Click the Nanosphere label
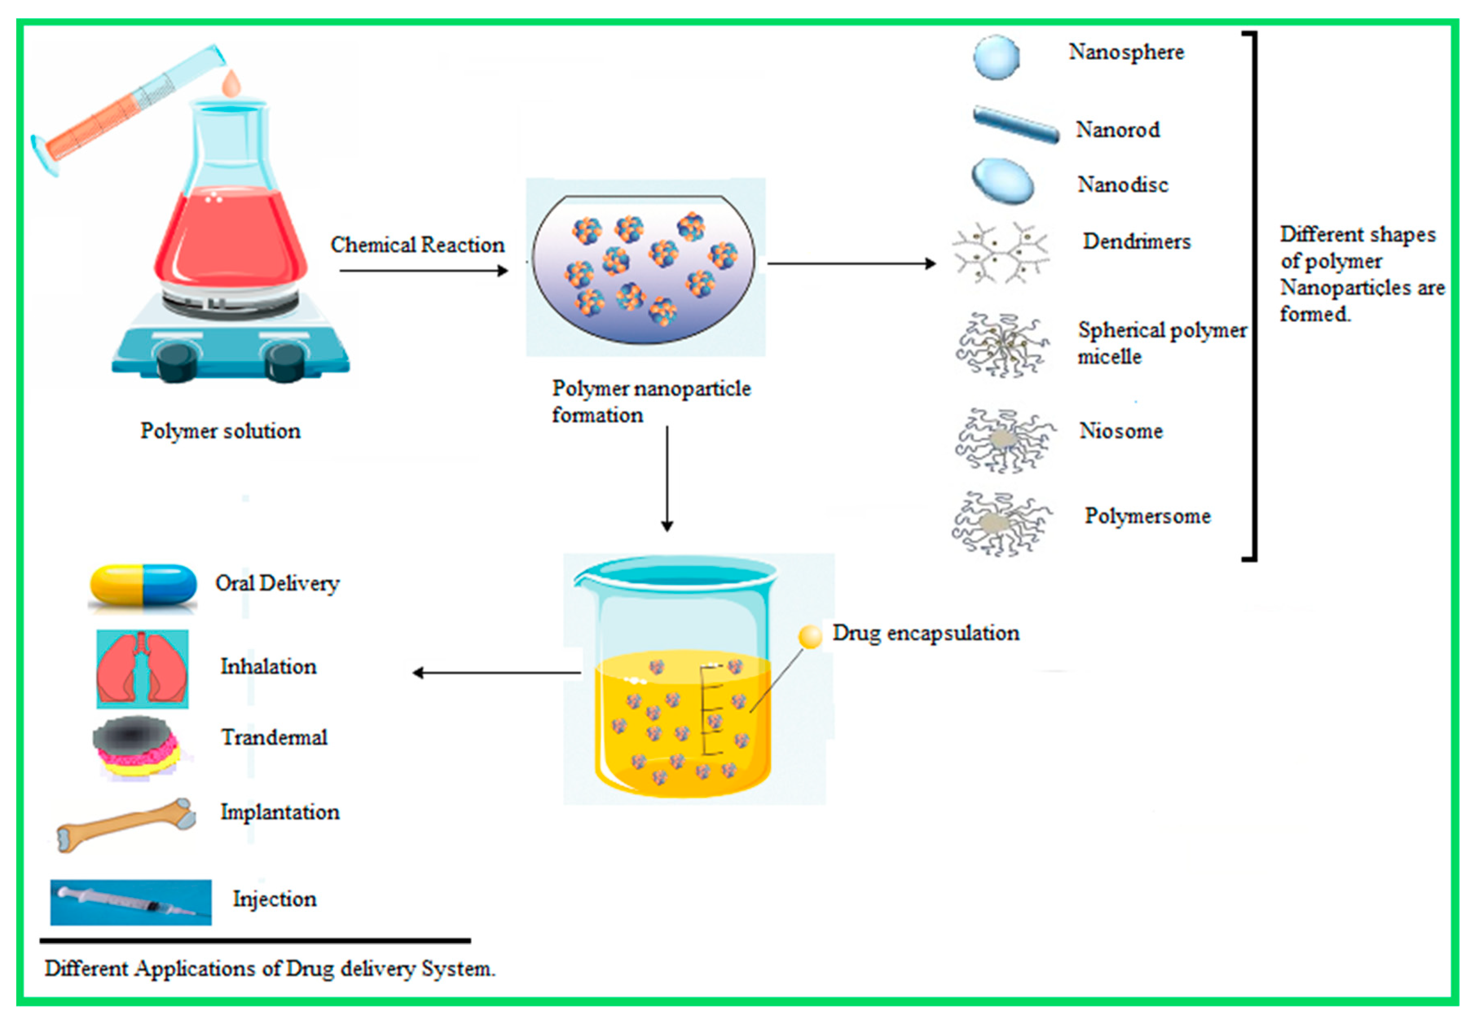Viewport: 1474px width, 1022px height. point(1126,52)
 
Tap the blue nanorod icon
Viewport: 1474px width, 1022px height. point(1015,125)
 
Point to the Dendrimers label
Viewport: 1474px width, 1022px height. point(1136,241)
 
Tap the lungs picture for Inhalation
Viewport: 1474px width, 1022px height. point(142,669)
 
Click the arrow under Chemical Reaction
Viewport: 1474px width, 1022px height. point(423,271)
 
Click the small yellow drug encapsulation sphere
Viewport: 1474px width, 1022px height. point(810,636)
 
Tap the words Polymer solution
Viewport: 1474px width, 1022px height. point(220,431)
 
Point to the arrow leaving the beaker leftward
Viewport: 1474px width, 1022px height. point(497,672)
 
